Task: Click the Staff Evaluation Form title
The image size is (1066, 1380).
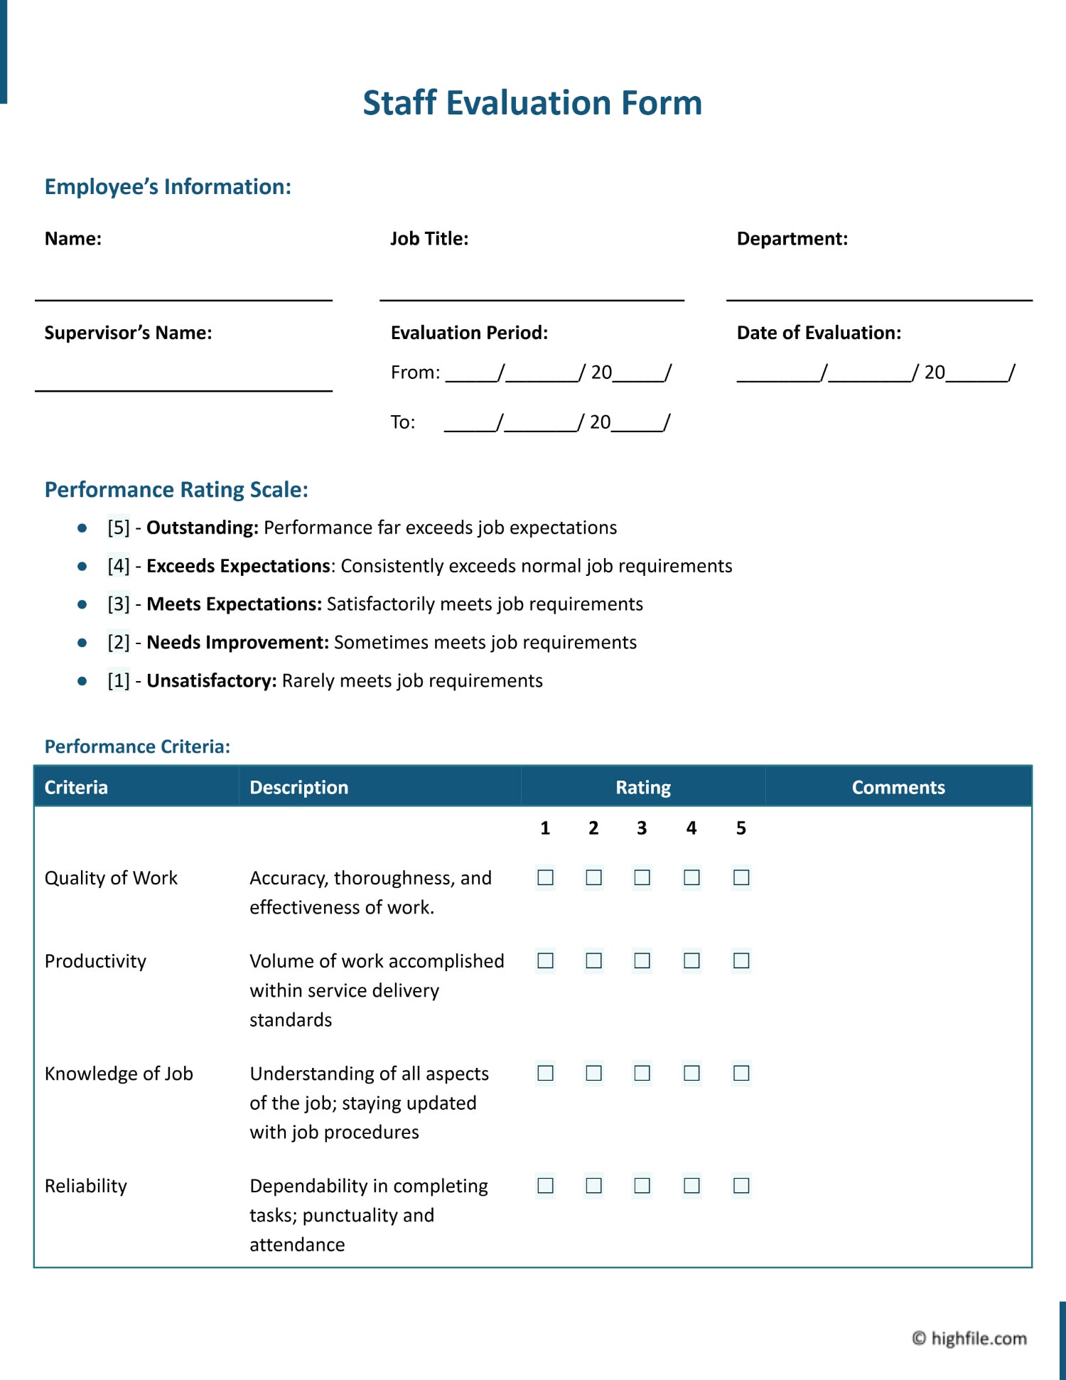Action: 532,103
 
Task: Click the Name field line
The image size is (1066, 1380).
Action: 183,299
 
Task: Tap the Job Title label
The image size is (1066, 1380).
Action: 429,239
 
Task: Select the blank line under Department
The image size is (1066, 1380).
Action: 879,299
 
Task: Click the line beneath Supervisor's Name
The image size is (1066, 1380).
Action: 183,390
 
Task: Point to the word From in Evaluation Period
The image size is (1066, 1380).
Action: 415,373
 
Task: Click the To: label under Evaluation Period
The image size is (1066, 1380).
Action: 403,422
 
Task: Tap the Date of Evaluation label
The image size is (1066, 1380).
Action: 819,333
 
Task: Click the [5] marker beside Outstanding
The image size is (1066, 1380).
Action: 119,528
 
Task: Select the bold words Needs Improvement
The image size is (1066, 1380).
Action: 237,643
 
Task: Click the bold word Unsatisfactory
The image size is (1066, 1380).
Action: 211,681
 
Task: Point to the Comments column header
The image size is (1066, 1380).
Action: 898,787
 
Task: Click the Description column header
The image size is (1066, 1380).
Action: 299,787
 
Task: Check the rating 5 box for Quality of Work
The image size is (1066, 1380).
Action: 741,877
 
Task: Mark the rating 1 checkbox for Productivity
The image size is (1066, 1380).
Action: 545,961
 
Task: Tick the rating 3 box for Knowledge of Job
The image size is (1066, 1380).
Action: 642,1073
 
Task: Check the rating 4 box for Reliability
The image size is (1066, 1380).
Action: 691,1185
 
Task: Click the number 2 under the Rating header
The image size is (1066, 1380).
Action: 593,828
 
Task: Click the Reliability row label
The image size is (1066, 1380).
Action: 86,1186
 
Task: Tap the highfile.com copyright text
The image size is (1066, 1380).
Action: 970,1339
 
